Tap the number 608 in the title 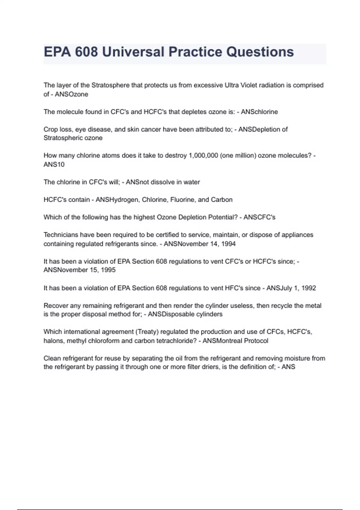point(86,52)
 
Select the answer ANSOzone point(71,94)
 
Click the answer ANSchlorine point(259,112)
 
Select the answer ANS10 point(54,164)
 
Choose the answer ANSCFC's point(259,217)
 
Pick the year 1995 point(108,270)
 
